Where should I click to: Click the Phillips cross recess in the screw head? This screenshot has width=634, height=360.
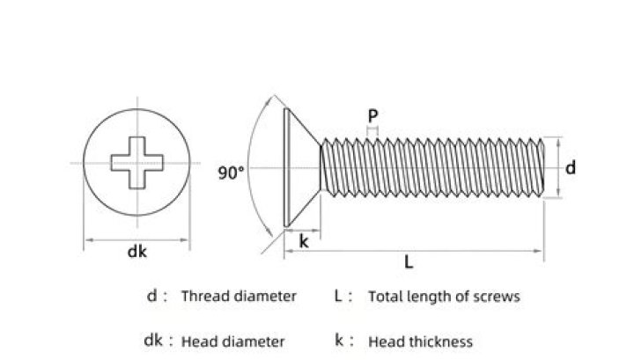tap(137, 163)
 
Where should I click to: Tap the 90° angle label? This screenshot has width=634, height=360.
tap(231, 173)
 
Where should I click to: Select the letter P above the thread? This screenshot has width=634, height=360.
tap(372, 116)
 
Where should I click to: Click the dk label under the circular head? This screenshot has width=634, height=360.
tap(136, 252)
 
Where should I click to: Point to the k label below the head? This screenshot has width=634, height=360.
tap(304, 241)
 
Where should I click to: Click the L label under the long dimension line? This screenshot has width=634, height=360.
tap(409, 262)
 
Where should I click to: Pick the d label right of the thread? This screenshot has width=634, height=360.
tap(570, 167)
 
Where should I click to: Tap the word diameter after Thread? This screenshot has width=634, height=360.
tap(265, 296)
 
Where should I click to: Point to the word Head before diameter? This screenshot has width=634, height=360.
tap(199, 342)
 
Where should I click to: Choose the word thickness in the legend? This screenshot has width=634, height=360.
tap(441, 342)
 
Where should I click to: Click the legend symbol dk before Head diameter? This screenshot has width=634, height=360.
tap(153, 341)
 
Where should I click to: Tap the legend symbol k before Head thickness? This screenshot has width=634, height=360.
tap(339, 340)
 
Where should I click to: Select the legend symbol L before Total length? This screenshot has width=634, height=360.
tap(338, 296)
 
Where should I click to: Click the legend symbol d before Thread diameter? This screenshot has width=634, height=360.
tap(151, 296)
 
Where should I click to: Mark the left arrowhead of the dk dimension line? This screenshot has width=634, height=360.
tap(89, 240)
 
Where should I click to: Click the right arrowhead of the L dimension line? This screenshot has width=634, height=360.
tap(538, 251)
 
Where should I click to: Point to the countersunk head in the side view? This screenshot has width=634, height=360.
tap(301, 167)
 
